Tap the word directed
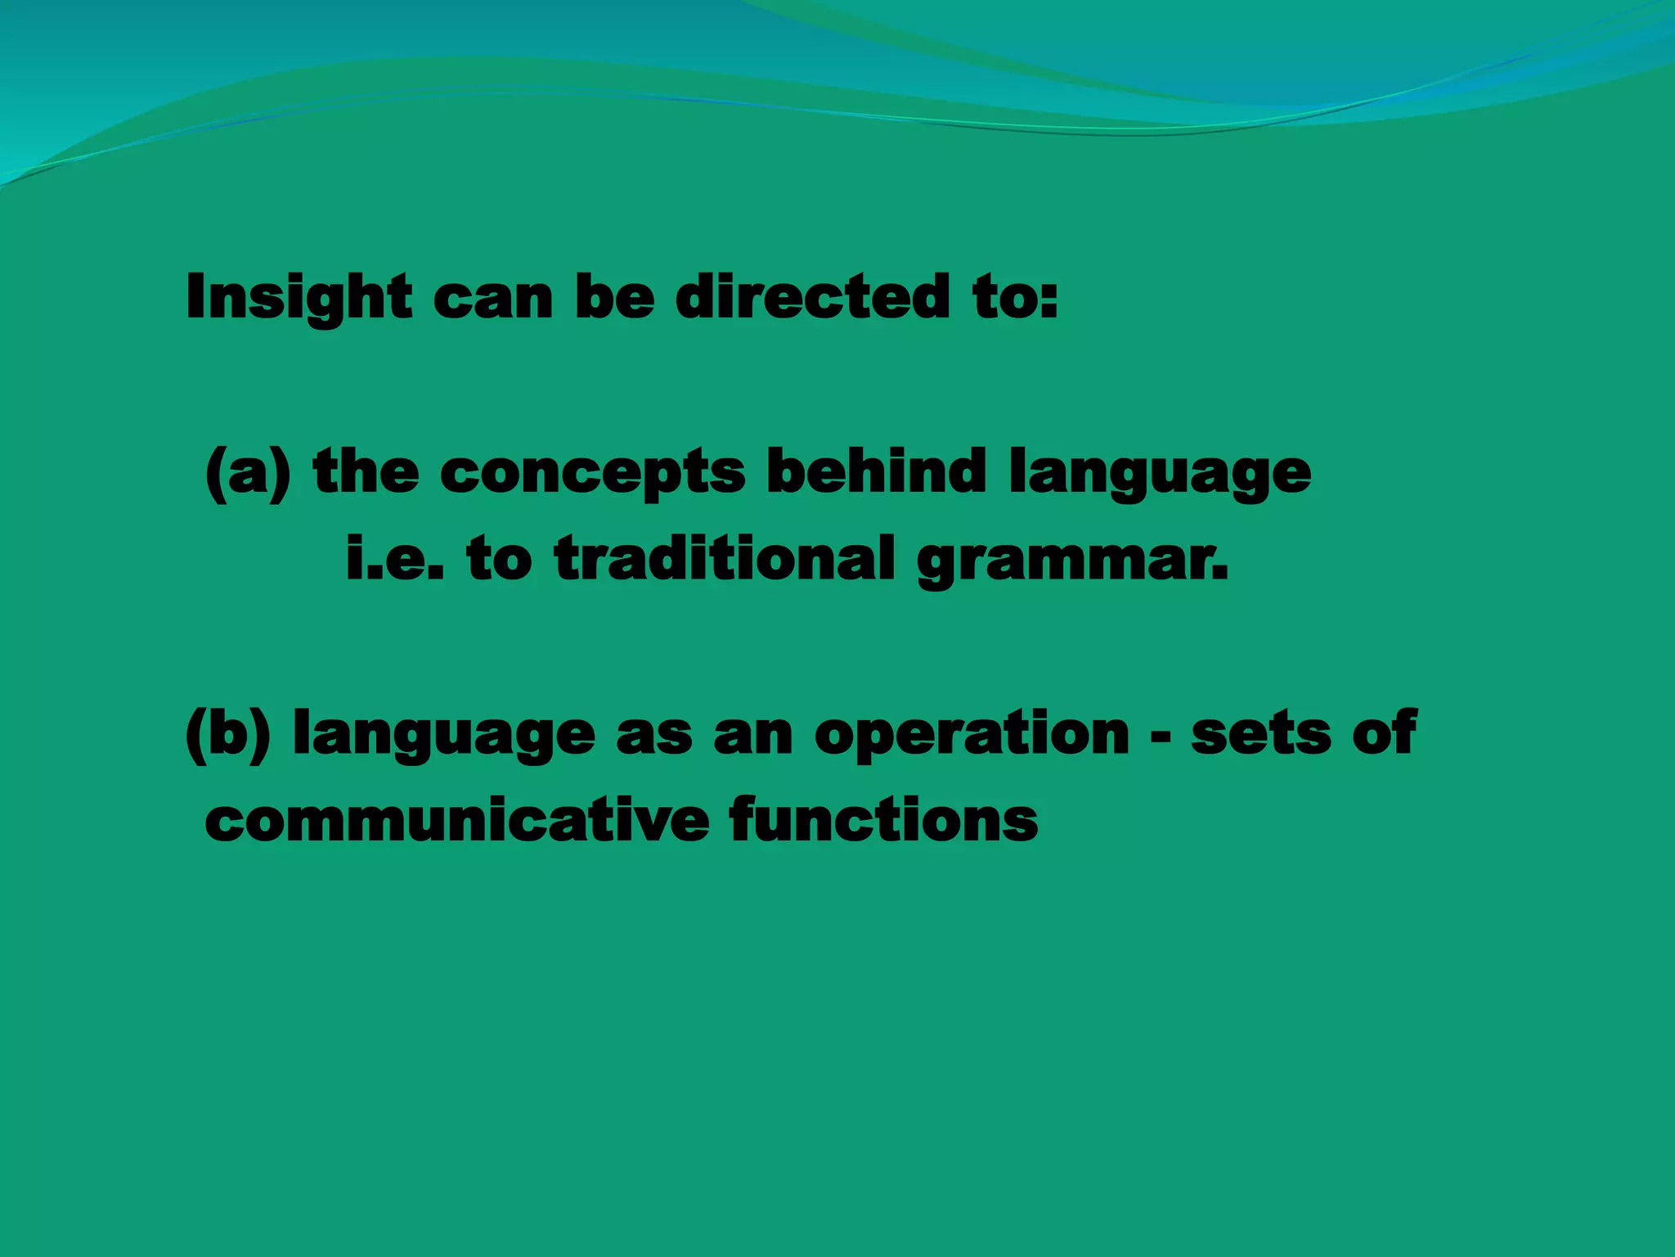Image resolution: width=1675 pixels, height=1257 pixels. click(x=812, y=296)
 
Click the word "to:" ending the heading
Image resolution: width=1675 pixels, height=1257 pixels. click(x=1016, y=296)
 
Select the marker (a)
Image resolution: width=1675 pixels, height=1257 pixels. click(x=248, y=473)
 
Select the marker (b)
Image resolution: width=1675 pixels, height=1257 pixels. click(x=228, y=734)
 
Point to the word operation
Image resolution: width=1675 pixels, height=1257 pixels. click(x=972, y=734)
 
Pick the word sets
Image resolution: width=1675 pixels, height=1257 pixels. click(x=1260, y=734)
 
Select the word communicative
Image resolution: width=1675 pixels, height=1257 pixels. click(x=456, y=820)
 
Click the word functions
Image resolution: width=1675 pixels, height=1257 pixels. click(x=883, y=820)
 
